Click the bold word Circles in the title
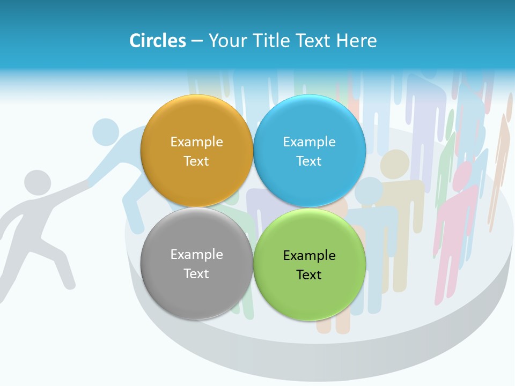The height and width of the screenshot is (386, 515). click(x=158, y=41)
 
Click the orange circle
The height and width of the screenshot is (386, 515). click(x=196, y=151)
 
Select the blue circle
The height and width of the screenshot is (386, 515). click(x=310, y=151)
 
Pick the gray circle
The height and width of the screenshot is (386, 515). click(x=196, y=263)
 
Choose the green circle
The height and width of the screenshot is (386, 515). click(x=310, y=264)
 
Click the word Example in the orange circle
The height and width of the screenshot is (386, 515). click(x=196, y=142)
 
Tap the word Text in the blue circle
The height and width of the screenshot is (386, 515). click(x=309, y=161)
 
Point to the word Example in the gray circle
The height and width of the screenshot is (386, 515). click(x=196, y=254)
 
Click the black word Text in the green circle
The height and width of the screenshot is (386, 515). click(x=309, y=274)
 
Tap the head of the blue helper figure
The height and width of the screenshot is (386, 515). click(x=106, y=131)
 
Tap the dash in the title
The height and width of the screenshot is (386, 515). click(x=197, y=41)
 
